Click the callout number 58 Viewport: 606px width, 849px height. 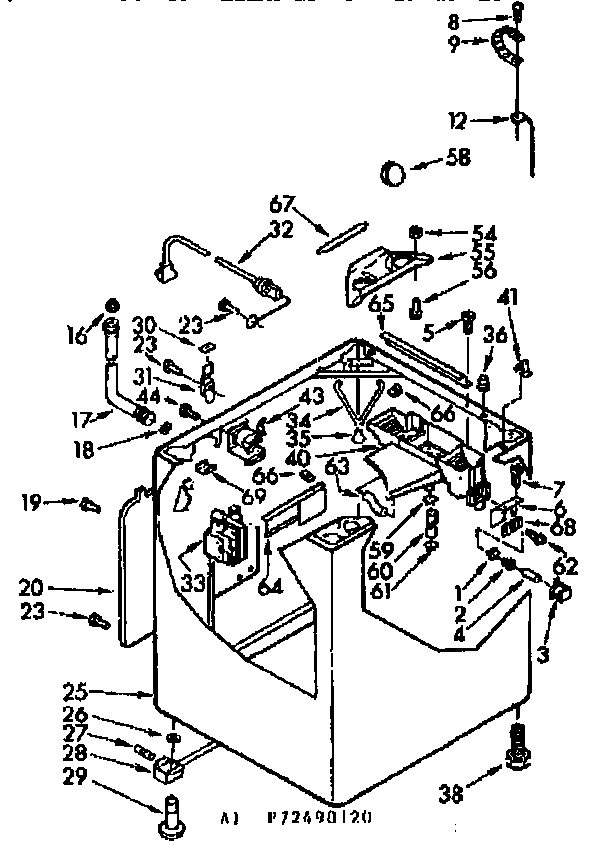[459, 157]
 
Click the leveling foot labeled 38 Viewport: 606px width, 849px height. [517, 756]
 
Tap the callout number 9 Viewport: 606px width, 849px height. [454, 44]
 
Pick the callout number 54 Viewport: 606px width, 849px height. [486, 233]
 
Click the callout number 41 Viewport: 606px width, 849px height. [510, 296]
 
